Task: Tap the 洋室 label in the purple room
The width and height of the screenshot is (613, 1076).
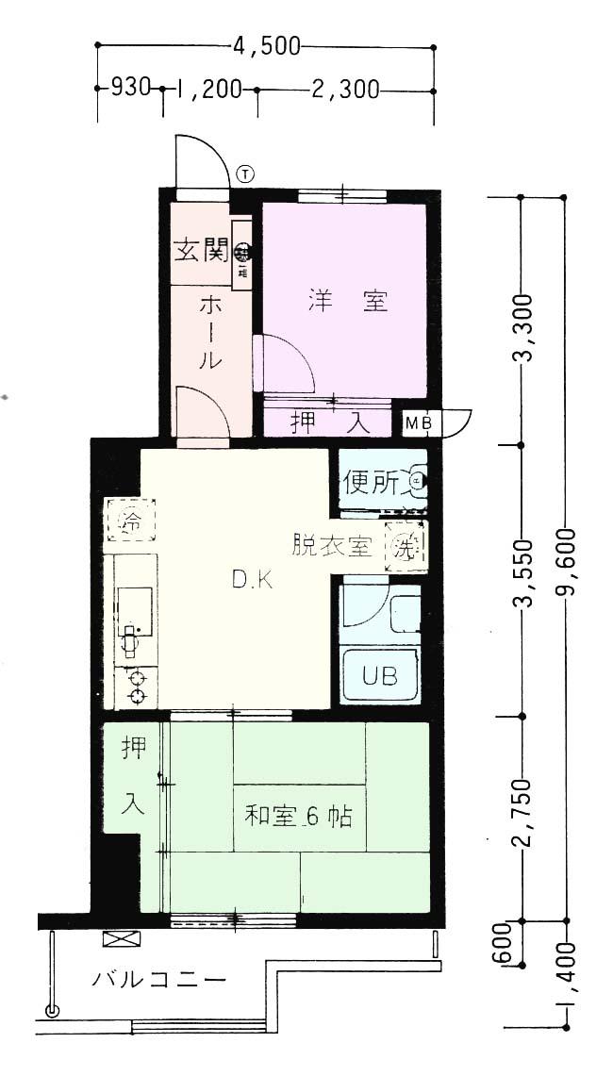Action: pyautogui.click(x=347, y=302)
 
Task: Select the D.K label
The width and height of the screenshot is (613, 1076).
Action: pyautogui.click(x=253, y=581)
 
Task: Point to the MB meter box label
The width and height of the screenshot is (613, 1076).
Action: pyautogui.click(x=419, y=423)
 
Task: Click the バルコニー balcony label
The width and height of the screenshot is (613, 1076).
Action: pyautogui.click(x=159, y=980)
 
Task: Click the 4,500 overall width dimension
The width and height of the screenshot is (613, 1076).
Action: pyautogui.click(x=266, y=45)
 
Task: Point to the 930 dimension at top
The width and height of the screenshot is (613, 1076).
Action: pyautogui.click(x=130, y=89)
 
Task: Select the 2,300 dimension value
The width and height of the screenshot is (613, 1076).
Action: pyautogui.click(x=344, y=90)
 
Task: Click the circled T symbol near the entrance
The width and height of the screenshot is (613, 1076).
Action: pyautogui.click(x=245, y=174)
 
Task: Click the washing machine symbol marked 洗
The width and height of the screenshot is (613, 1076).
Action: pyautogui.click(x=406, y=545)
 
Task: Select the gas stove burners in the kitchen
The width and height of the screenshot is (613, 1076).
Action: pyautogui.click(x=138, y=686)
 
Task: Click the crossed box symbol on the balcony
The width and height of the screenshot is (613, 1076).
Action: pyautogui.click(x=124, y=938)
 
